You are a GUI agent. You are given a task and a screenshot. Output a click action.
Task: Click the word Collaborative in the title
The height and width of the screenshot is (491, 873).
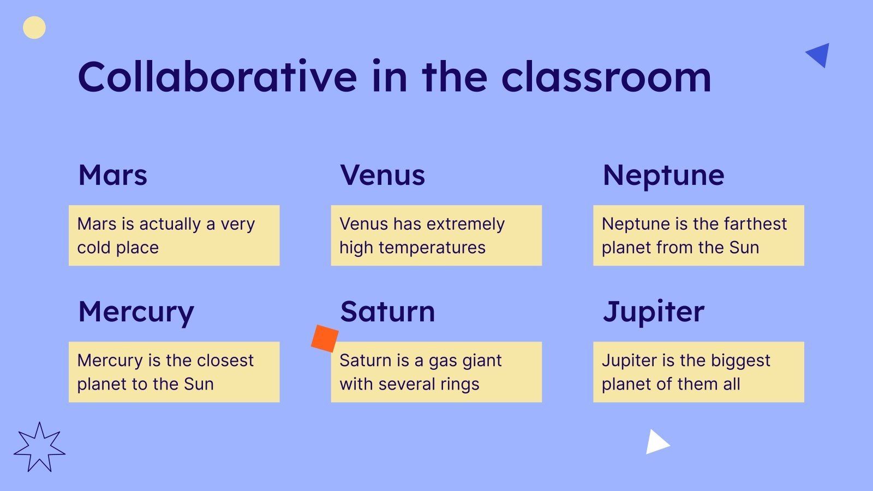[x=218, y=76]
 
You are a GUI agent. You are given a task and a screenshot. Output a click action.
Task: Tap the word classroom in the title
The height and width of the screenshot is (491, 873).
[x=606, y=76]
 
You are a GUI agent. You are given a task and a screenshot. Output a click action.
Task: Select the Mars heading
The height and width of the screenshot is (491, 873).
[x=112, y=175]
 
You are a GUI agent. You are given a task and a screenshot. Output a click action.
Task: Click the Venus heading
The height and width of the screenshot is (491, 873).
[x=382, y=175]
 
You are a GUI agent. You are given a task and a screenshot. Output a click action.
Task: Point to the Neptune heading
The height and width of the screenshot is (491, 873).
[x=663, y=176]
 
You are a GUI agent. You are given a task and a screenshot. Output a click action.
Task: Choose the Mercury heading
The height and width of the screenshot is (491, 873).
[x=136, y=313]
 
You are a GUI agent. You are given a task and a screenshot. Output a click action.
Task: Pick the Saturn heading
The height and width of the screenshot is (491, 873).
[x=387, y=312]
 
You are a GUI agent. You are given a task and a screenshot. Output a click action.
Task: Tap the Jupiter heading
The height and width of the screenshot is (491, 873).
[x=654, y=313]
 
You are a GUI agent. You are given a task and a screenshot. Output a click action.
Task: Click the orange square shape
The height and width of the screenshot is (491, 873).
[x=325, y=339]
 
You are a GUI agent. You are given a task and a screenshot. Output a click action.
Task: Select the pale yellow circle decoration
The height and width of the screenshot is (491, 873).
[x=34, y=28]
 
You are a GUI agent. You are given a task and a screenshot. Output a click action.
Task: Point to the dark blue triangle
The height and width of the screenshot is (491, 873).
[x=819, y=55]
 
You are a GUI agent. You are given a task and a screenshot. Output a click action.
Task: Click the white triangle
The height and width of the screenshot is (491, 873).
[x=657, y=442]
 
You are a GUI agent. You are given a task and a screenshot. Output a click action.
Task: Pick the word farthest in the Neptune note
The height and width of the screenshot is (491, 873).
[x=755, y=224]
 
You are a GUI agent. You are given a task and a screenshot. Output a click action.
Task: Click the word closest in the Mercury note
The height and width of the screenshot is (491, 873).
[x=225, y=361]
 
